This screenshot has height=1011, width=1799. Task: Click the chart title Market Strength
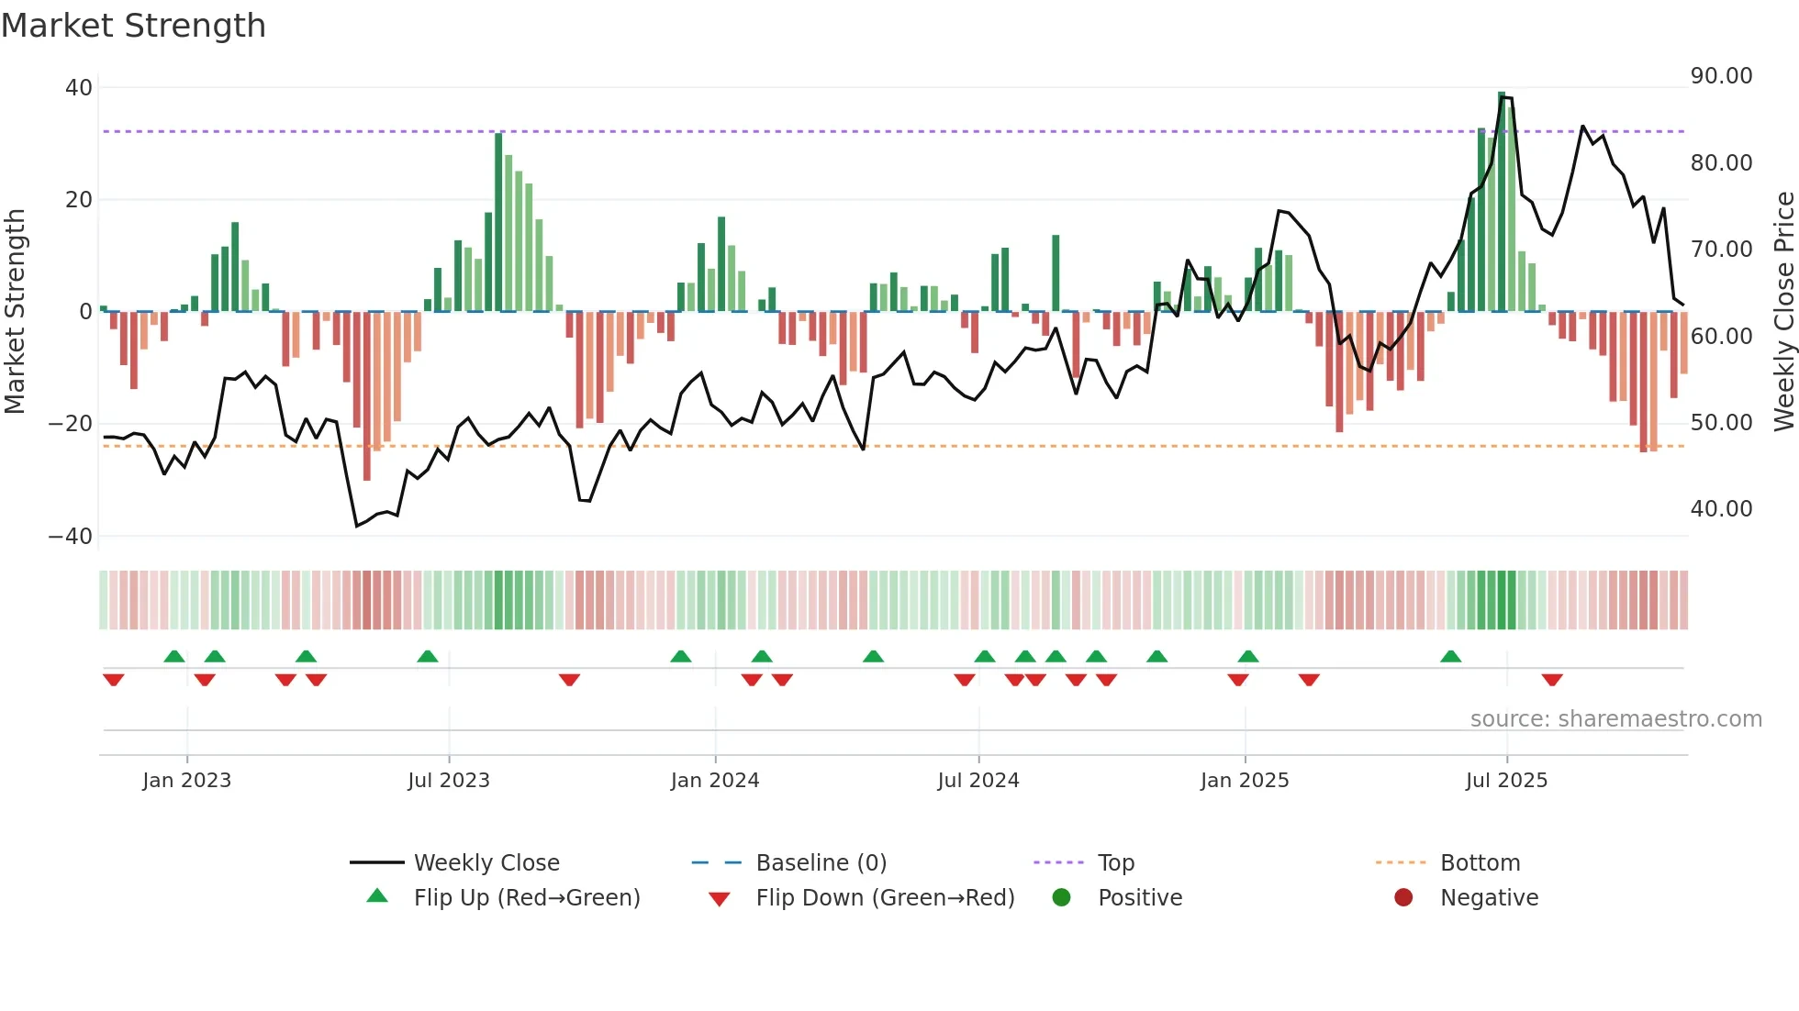pyautogui.click(x=133, y=26)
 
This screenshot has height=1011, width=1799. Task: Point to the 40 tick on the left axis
pyautogui.click(x=79, y=88)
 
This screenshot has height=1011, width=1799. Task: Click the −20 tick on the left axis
pyautogui.click(x=71, y=424)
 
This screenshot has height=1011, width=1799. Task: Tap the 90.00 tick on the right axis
pyautogui.click(x=1721, y=76)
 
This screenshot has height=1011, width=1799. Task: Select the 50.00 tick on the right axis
pyautogui.click(x=1721, y=423)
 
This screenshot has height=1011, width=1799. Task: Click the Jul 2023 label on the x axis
pyautogui.click(x=449, y=781)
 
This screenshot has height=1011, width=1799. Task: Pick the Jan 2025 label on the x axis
pyautogui.click(x=1245, y=781)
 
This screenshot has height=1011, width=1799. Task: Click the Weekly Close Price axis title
pyautogui.click(x=1783, y=312)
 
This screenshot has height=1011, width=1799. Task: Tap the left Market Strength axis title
pyautogui.click(x=15, y=312)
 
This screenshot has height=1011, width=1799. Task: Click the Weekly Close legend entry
pyautogui.click(x=486, y=863)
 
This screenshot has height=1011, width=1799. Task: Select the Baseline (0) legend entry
pyautogui.click(x=821, y=863)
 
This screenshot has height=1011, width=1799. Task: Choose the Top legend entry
pyautogui.click(x=1115, y=863)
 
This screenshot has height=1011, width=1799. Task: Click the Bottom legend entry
pyautogui.click(x=1480, y=863)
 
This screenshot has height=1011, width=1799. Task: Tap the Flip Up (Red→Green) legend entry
pyautogui.click(x=526, y=898)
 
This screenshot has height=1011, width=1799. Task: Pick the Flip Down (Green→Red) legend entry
pyautogui.click(x=885, y=898)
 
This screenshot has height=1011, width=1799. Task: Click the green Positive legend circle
pyautogui.click(x=1062, y=898)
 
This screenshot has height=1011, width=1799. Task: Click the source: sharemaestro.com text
pyautogui.click(x=1615, y=719)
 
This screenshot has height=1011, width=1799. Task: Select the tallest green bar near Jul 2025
pyautogui.click(x=1502, y=202)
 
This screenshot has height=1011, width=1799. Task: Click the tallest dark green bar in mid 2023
pyautogui.click(x=498, y=222)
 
